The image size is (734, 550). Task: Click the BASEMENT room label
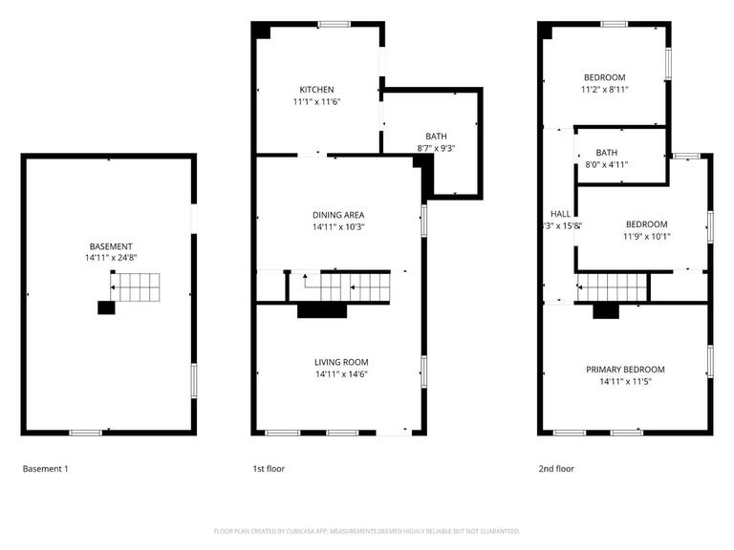click(111, 246)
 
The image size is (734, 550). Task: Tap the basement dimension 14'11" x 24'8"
click(111, 258)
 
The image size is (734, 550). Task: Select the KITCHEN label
click(316, 90)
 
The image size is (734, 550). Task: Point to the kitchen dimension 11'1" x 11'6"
click(316, 101)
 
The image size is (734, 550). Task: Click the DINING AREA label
click(338, 215)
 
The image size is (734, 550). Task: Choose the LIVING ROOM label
click(341, 362)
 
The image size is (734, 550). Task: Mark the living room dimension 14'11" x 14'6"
click(341, 374)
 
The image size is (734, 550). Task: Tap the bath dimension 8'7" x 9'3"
click(436, 149)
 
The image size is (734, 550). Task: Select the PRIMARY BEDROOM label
click(625, 370)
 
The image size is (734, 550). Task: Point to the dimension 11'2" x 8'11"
click(606, 90)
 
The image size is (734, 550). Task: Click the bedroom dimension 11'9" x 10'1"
click(647, 237)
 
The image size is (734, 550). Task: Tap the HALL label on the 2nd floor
click(560, 214)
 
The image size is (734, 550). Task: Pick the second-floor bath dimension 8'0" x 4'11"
click(607, 164)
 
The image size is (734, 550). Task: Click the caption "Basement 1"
click(45, 469)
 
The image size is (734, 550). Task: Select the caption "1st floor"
click(269, 469)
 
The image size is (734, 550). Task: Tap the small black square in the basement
click(106, 307)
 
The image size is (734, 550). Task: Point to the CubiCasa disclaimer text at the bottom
click(366, 531)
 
